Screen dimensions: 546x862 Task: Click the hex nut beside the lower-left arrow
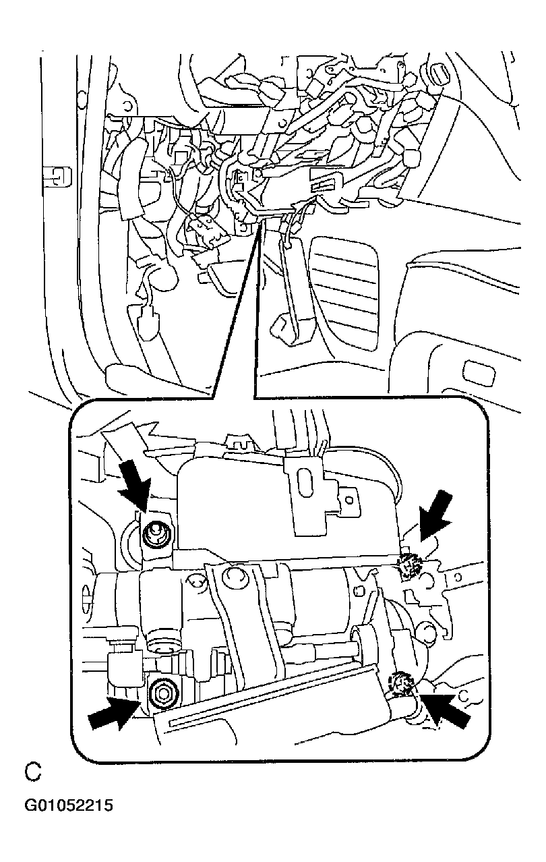[163, 694]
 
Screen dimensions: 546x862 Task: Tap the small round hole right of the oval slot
[349, 500]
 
